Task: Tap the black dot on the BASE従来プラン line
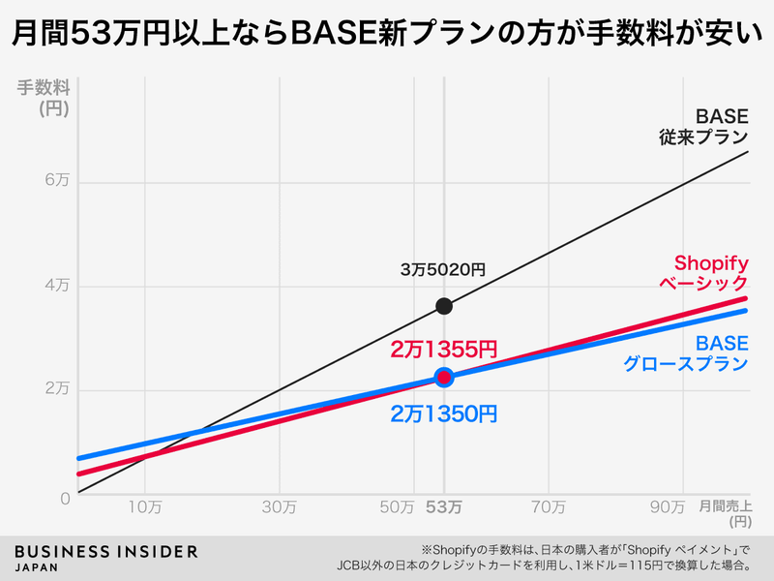pos(444,306)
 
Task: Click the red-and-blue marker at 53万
pos(444,377)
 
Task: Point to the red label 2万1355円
pos(444,348)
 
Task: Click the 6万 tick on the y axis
pos(57,182)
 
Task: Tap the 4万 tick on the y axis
pos(57,286)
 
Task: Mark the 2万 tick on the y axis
pos(57,389)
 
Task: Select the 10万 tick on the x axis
pos(144,505)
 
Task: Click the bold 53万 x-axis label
pos(444,505)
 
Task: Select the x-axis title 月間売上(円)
pos(726,513)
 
